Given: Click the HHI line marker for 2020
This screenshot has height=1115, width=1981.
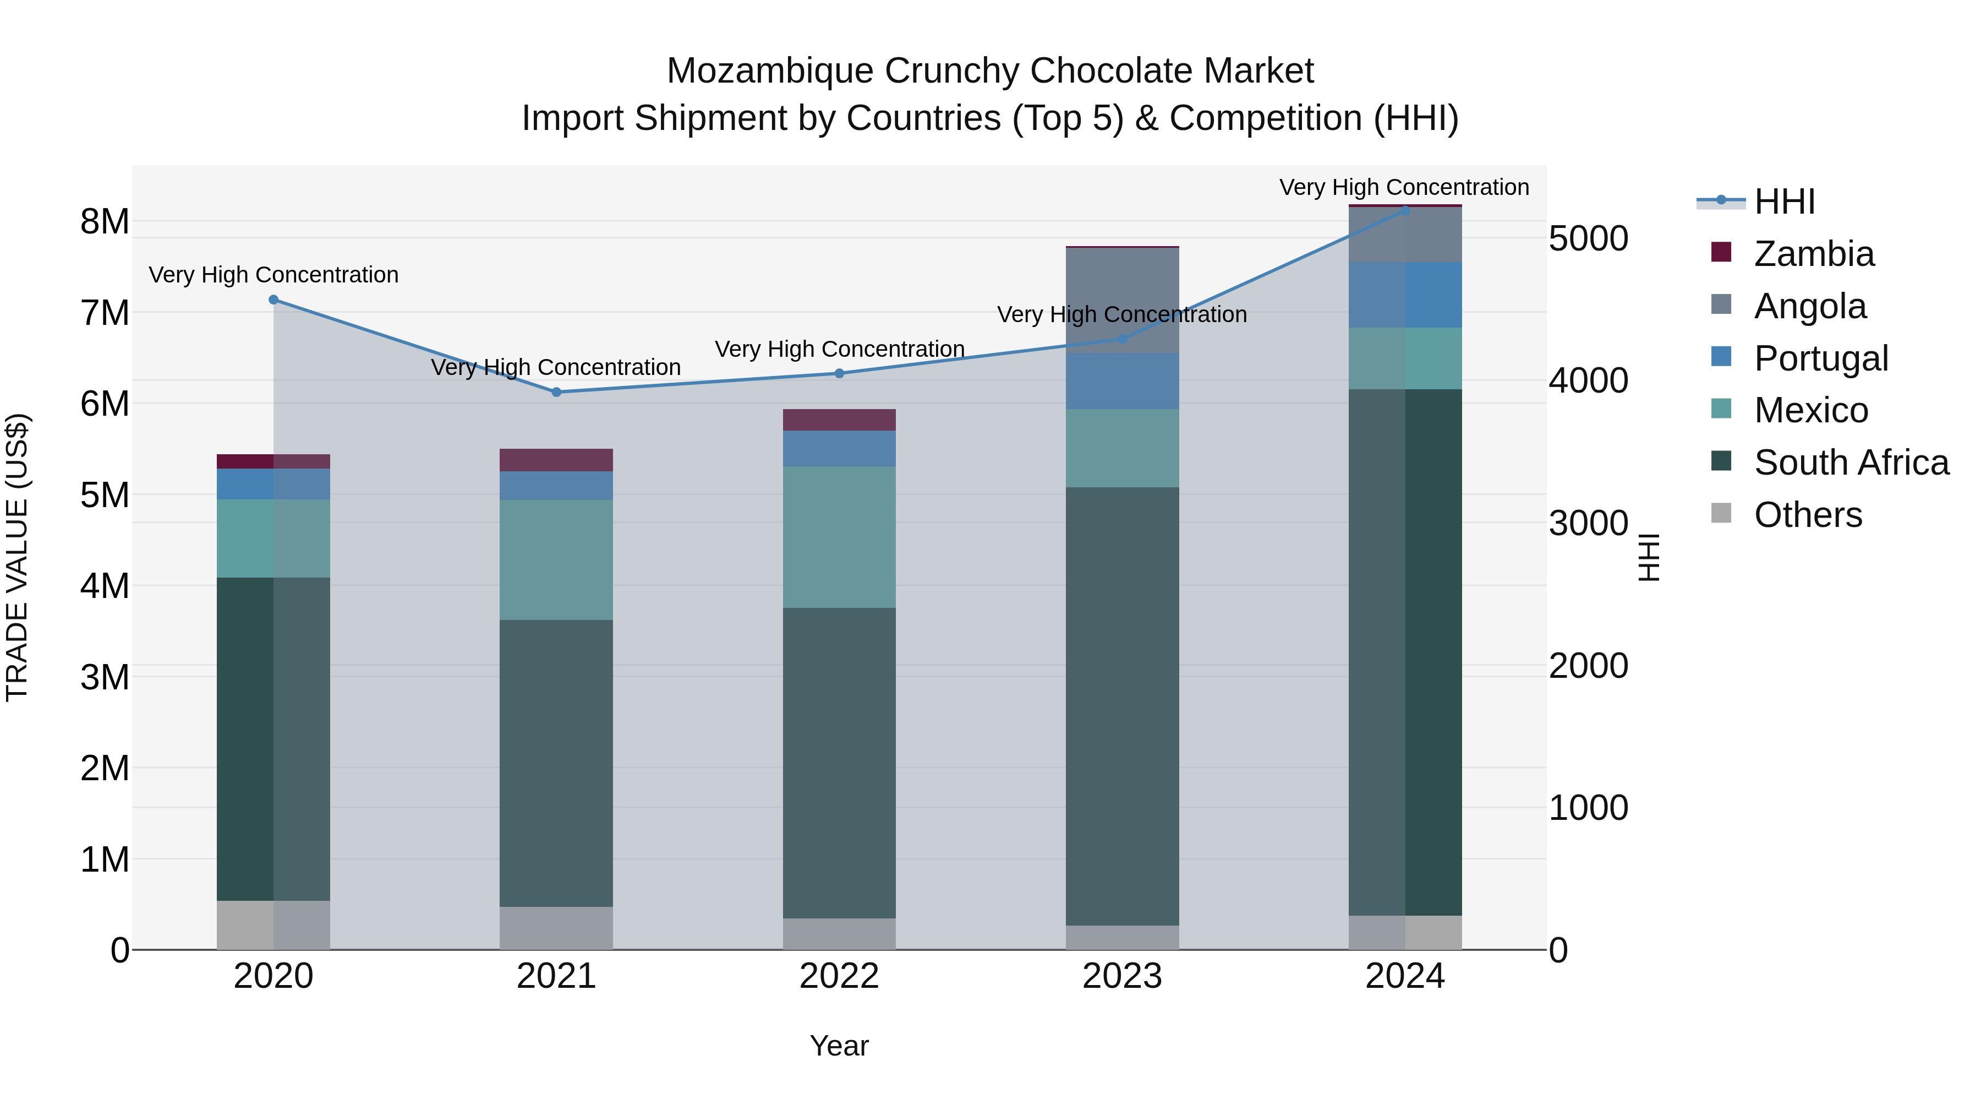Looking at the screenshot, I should tap(274, 300).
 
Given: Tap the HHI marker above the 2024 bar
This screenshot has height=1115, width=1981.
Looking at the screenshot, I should tap(1405, 210).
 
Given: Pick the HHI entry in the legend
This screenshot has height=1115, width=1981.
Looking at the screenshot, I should tap(1784, 202).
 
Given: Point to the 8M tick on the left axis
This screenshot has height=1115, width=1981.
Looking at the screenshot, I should tap(105, 221).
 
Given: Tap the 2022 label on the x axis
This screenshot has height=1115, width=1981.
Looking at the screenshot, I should tap(839, 976).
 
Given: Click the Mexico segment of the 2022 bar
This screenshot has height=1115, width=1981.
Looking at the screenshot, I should tap(839, 537).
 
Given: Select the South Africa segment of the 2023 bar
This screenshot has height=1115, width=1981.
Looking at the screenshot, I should tap(1122, 706).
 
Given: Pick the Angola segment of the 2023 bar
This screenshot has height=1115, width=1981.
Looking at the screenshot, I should tap(1122, 301).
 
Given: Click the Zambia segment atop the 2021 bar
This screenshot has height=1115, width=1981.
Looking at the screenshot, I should tap(556, 460).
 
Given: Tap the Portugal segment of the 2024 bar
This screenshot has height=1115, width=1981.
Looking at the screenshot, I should tap(1405, 295).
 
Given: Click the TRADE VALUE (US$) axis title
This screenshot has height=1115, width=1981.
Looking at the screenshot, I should tap(17, 557).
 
